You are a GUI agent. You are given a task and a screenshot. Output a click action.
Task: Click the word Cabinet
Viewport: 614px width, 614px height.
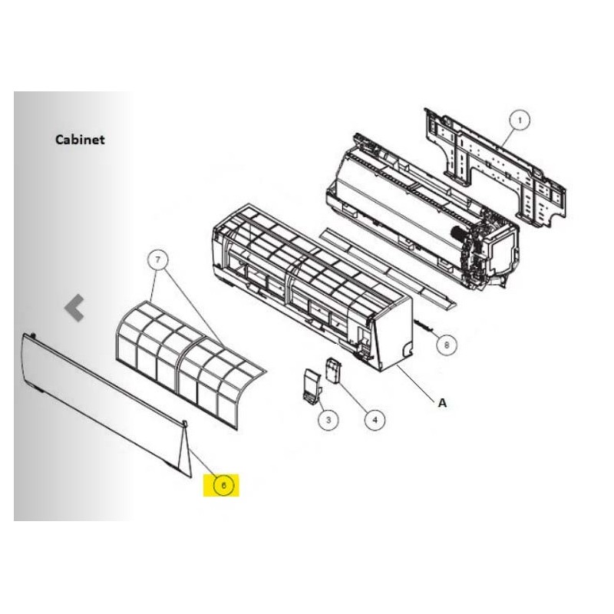pos(80,140)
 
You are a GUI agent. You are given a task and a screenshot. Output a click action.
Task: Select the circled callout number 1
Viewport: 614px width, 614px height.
pos(520,120)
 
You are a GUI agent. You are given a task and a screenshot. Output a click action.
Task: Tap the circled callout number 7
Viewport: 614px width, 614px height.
pos(157,259)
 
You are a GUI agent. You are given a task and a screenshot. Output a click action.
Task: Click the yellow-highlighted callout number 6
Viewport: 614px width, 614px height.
pos(223,486)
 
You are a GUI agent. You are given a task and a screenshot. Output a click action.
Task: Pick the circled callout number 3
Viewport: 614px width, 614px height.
pos(328,420)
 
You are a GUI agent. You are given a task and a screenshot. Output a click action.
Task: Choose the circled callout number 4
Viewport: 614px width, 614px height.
pos(375,420)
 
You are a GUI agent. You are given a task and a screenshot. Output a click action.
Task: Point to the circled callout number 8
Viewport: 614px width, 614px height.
pos(447,345)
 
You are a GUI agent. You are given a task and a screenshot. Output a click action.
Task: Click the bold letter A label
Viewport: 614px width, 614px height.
pos(442,402)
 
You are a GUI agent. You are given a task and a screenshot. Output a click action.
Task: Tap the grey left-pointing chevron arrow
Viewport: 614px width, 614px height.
pos(74,308)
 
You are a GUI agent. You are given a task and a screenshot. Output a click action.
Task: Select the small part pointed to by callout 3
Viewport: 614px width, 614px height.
pos(312,386)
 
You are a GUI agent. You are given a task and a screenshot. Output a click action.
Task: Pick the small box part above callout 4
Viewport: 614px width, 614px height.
pos(333,370)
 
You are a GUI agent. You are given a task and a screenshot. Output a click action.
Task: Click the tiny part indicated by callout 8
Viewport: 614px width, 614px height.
pos(424,325)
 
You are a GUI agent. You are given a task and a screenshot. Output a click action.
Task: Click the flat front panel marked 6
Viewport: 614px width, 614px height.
pos(106,404)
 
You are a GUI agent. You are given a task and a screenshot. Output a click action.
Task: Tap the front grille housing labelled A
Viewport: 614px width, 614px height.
pos(312,288)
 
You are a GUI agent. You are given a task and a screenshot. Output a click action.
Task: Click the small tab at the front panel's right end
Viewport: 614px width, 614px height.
pos(185,424)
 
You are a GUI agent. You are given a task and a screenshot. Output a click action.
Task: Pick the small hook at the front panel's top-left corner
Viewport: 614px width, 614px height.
pos(33,335)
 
